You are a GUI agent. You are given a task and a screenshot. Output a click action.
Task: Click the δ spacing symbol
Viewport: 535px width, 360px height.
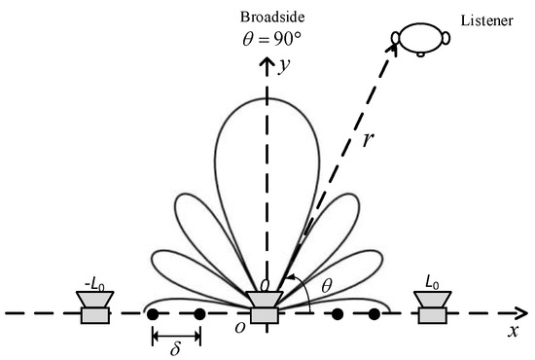point(176,344)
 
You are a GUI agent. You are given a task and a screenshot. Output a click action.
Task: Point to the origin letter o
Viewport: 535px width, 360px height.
point(239,329)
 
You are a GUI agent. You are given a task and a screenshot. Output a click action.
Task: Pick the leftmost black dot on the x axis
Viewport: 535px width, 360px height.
point(153,314)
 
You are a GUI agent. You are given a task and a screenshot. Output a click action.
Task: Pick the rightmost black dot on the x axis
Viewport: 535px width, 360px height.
point(374,314)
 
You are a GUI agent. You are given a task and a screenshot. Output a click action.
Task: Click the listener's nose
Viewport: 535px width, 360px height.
point(420,54)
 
